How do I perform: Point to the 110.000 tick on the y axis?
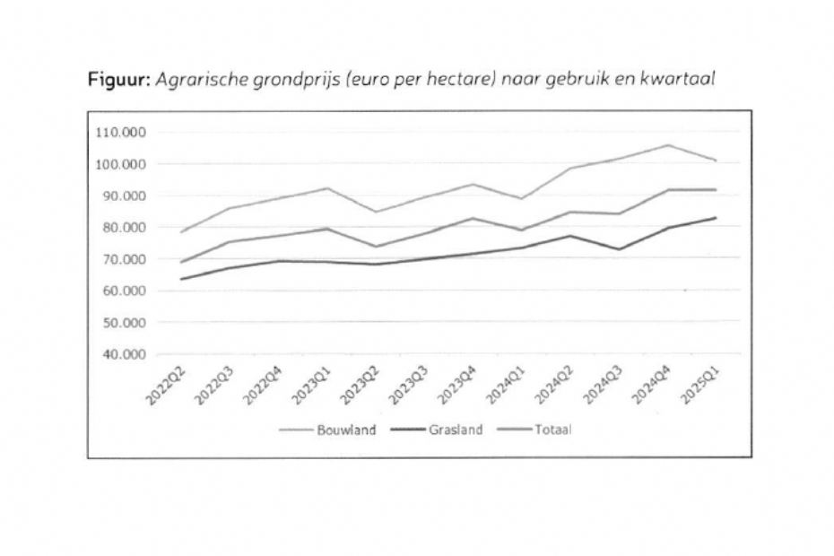[119, 132]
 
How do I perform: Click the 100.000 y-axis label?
[119, 164]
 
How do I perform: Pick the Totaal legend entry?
[553, 430]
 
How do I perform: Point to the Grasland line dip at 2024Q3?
[619, 249]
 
